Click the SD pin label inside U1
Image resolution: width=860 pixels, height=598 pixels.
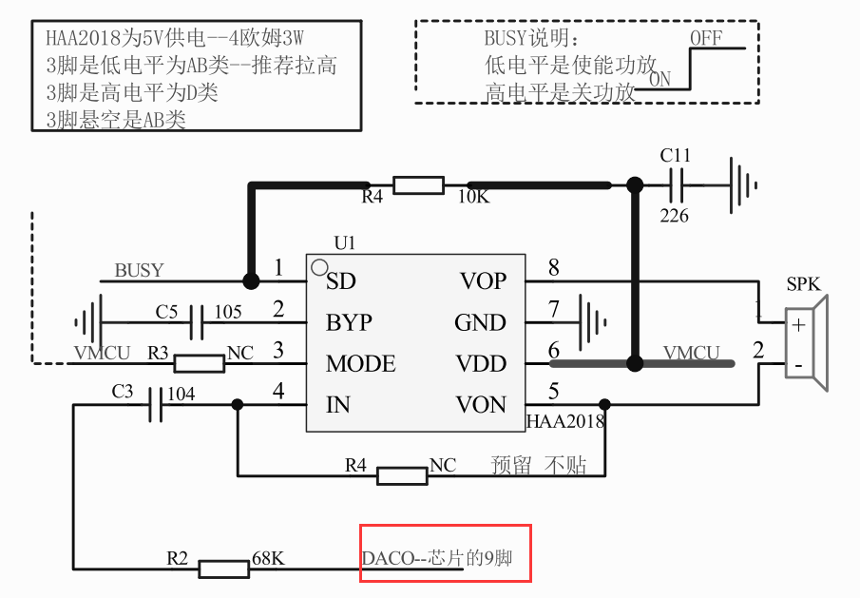tap(341, 281)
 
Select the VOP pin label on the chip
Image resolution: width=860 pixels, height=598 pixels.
tap(483, 281)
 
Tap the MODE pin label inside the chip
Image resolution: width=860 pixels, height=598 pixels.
tap(360, 364)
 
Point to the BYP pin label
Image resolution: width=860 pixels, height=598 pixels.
tap(349, 323)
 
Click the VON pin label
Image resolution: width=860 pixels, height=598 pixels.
tap(482, 405)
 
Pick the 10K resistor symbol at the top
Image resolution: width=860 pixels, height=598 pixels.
tap(418, 184)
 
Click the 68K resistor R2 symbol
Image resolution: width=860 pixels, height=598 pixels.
tap(223, 569)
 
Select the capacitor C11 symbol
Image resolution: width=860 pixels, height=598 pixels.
tap(677, 184)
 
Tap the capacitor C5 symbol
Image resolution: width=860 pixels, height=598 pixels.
tap(197, 322)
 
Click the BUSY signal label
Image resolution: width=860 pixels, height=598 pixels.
tap(139, 270)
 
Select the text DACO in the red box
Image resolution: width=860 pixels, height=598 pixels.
tap(388, 558)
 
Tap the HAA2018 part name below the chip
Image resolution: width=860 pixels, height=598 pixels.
tap(565, 421)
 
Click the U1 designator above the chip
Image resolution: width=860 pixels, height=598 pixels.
tap(345, 243)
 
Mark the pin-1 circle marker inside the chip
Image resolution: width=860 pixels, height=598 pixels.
tap(320, 267)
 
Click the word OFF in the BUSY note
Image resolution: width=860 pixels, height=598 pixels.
tap(706, 38)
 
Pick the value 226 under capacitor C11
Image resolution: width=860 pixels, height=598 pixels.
tap(675, 216)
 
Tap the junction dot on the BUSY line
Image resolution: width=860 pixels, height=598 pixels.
tap(251, 281)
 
